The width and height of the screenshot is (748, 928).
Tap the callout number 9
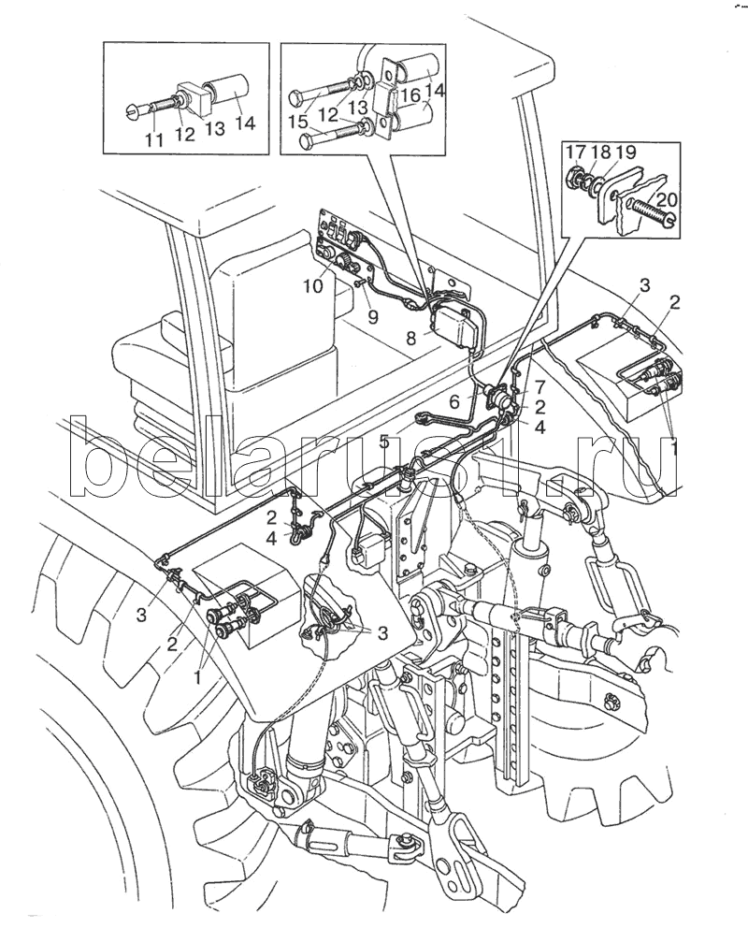pyautogui.click(x=372, y=317)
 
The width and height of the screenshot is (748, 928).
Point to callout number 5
pyautogui.click(x=384, y=442)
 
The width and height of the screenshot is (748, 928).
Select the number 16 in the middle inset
pyautogui.click(x=409, y=96)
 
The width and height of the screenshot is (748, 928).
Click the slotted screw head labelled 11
pyautogui.click(x=132, y=112)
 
